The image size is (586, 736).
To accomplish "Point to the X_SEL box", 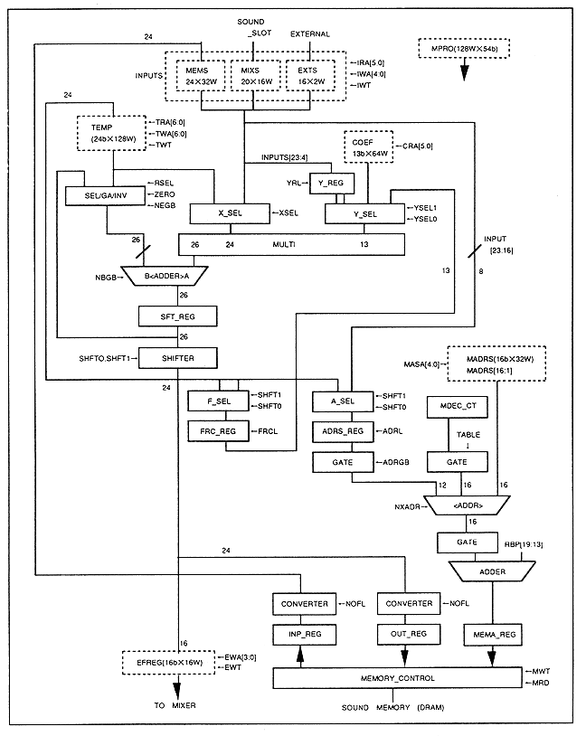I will tap(228, 213).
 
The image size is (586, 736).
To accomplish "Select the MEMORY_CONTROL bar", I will tap(398, 677).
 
